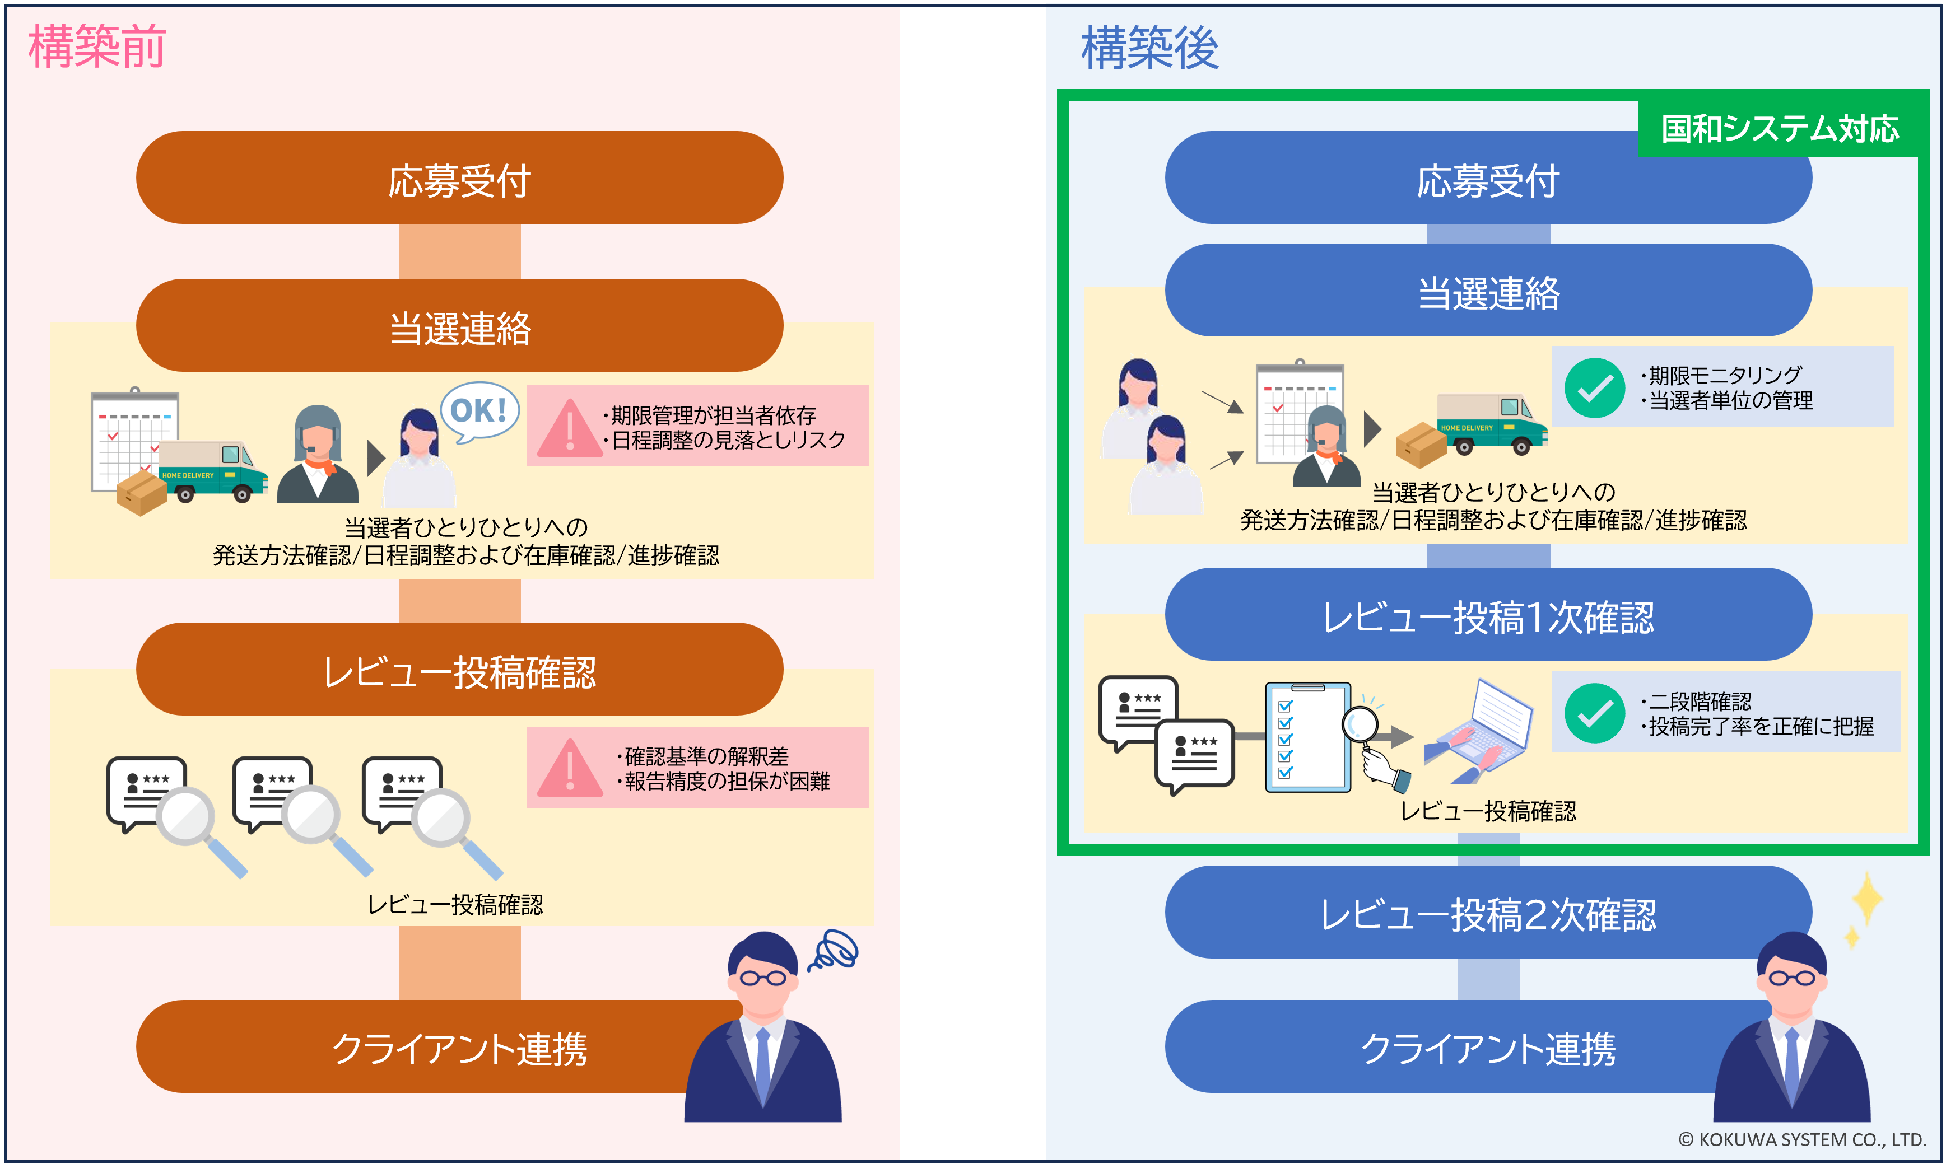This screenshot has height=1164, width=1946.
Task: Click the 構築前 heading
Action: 96,46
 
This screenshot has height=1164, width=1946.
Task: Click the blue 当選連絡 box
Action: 1488,291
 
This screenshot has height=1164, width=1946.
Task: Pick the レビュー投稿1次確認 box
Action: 1488,616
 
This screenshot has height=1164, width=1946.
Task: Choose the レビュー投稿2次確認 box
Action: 1488,913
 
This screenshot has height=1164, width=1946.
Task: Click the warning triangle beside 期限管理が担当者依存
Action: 570,428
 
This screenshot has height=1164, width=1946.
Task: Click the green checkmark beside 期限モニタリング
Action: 1594,388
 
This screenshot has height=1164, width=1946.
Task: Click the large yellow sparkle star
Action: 1868,899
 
